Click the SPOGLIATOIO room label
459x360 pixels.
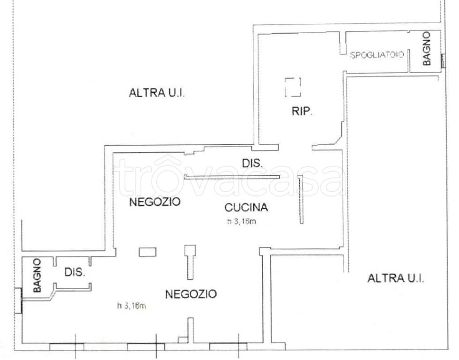click(377, 55)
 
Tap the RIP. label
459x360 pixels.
click(302, 111)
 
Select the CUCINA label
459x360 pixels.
click(246, 207)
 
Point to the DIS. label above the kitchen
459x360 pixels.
click(252, 163)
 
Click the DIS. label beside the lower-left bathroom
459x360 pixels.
click(74, 272)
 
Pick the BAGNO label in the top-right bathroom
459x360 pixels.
click(427, 48)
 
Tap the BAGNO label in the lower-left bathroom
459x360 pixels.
click(37, 275)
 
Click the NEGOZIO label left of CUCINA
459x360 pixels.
click(155, 202)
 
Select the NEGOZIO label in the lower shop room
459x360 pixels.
click(191, 294)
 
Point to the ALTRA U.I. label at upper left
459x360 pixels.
click(157, 93)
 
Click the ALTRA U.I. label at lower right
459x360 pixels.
click(395, 278)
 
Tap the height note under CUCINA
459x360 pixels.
click(242, 221)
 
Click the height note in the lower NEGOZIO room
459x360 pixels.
click(132, 306)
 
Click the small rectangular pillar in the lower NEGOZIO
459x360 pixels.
click(148, 252)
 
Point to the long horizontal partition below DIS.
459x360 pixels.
click(232, 177)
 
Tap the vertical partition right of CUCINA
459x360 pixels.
click(301, 200)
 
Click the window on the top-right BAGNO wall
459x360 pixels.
click(443, 61)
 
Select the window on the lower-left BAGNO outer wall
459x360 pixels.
click(18, 300)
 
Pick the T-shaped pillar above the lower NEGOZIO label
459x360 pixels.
click(190, 262)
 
